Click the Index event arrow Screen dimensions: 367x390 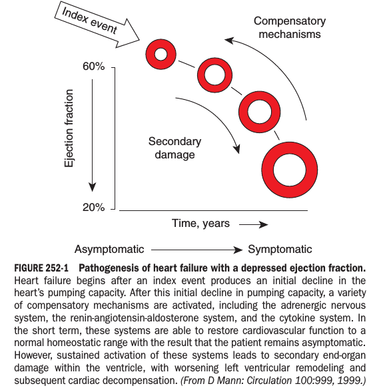tap(97, 25)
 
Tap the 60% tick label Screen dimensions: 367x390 tap(94, 67)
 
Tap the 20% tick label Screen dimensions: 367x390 tap(94, 207)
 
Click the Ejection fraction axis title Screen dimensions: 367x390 tap(69, 128)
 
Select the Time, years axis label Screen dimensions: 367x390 tap(200, 224)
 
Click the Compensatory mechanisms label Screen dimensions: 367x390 tap(290, 27)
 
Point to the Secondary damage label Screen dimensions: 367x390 tap(175, 148)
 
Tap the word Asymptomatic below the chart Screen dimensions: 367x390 tap(109, 249)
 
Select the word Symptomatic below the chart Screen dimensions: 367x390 tap(280, 249)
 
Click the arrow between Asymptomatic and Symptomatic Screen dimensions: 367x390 tap(196, 250)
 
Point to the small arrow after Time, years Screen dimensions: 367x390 tap(254, 224)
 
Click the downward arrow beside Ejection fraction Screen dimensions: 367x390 tap(93, 136)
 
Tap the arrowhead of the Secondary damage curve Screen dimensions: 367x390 tap(236, 148)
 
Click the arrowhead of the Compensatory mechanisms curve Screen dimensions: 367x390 tap(229, 41)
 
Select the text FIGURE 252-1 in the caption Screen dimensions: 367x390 tap(41, 268)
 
